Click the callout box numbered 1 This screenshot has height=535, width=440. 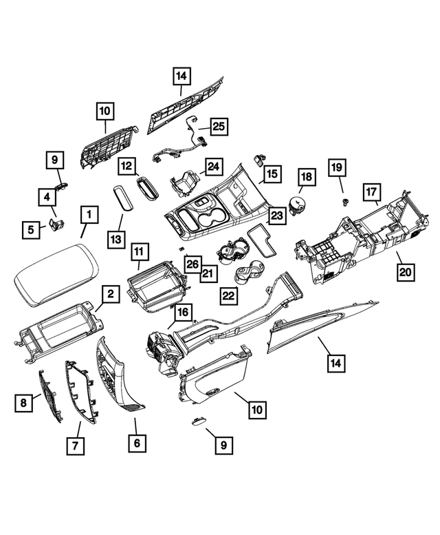coord(88,216)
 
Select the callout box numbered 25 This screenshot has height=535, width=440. coord(218,126)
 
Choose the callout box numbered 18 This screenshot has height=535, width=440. coord(306,177)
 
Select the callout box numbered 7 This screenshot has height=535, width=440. coord(75,446)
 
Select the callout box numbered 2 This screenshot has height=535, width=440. coord(110,295)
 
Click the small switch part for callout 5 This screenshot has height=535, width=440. coord(57,225)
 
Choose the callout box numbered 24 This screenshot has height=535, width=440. coord(214,167)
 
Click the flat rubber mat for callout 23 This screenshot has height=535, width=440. coord(261,240)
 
